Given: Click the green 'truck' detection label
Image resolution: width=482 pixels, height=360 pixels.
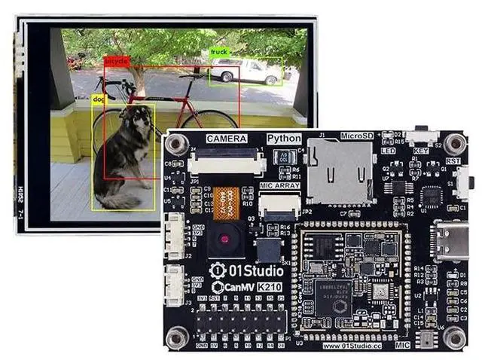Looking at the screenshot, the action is coord(219,52).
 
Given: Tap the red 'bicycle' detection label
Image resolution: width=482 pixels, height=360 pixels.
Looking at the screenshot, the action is coord(117,60).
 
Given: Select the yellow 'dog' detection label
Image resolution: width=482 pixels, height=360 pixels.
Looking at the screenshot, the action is coord(99,98).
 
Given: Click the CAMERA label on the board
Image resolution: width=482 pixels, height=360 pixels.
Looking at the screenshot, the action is coord(227,139).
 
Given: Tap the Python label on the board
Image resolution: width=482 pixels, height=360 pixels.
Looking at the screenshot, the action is coord(284,139).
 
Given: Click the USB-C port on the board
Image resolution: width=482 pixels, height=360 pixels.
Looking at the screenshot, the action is coord(451,239).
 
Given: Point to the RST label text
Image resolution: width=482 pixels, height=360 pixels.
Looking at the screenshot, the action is coord(453,160).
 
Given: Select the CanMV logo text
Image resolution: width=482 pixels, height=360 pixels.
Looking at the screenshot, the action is coord(234,287).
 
